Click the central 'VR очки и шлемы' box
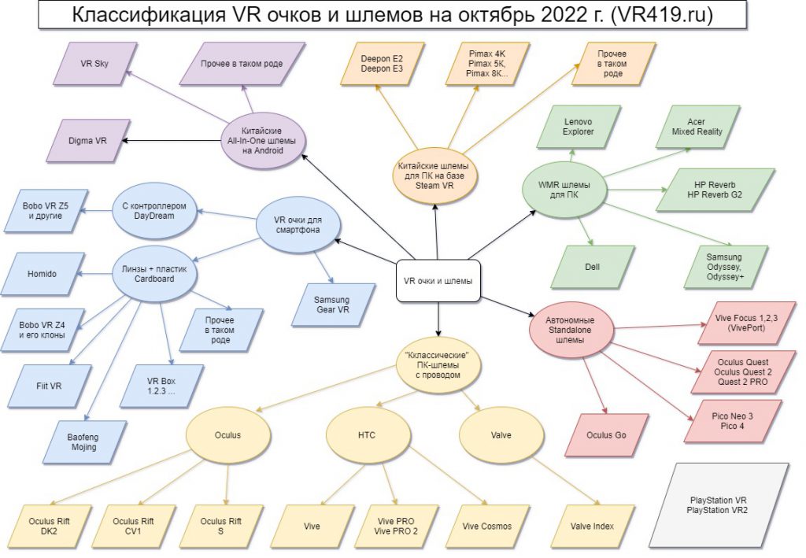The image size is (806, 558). (438, 280)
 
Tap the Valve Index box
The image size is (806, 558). (592, 527)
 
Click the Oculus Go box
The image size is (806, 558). (607, 434)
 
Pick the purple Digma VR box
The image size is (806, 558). (87, 140)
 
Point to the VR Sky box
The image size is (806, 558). (94, 64)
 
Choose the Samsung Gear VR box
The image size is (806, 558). (333, 305)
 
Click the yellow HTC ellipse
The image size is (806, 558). (367, 435)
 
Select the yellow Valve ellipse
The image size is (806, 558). (501, 435)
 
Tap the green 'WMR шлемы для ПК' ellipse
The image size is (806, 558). (564, 190)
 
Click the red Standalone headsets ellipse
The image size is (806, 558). (571, 330)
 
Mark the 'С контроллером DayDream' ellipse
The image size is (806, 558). (154, 211)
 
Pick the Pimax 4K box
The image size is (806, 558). (486, 64)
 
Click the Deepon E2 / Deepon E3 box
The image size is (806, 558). (382, 64)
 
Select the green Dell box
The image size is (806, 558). (592, 267)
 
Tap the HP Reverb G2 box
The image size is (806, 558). (715, 190)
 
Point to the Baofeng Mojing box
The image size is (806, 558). (83, 442)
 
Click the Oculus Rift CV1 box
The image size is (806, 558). (133, 527)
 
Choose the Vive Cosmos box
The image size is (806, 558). (486, 527)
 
